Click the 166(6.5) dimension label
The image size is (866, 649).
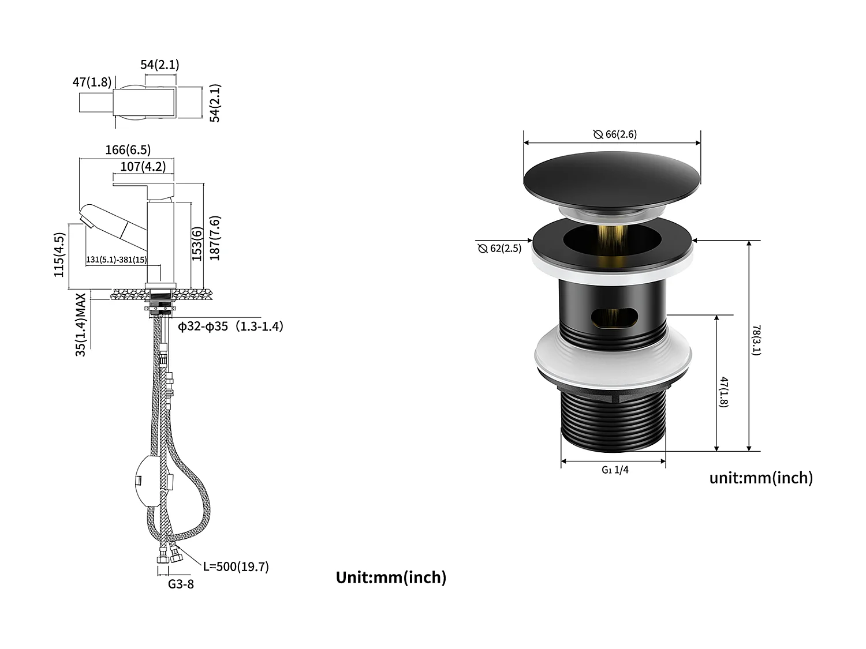click(128, 150)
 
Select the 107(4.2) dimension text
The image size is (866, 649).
click(143, 167)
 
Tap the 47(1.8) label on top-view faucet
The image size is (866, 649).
click(92, 82)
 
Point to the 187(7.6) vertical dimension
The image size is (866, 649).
click(215, 238)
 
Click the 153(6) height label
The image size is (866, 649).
click(197, 244)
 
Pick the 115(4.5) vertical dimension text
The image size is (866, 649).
click(59, 254)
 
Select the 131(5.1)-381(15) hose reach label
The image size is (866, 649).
click(116, 260)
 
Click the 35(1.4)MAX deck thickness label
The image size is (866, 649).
click(81, 324)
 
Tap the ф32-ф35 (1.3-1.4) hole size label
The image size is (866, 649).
click(230, 327)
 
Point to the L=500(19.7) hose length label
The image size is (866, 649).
click(236, 567)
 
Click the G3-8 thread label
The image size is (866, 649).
click(181, 584)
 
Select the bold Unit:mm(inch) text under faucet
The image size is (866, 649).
click(391, 577)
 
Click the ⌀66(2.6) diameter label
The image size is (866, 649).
click(615, 134)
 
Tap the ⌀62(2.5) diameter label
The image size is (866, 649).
click(499, 249)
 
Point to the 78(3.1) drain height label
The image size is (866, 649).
click(756, 340)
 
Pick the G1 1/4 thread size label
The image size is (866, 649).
click(615, 470)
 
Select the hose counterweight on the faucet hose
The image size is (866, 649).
click(148, 479)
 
